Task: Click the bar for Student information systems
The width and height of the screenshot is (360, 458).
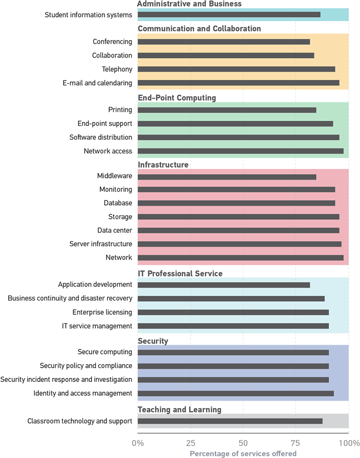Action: click(229, 15)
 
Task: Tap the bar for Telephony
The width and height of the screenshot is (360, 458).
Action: click(236, 69)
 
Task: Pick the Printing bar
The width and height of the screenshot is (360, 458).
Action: click(227, 110)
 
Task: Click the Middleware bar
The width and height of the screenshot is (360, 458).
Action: click(227, 176)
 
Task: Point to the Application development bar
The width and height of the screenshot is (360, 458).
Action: click(223, 285)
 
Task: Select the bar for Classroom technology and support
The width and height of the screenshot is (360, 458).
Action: click(230, 421)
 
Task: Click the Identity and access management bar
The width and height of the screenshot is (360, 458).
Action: click(236, 393)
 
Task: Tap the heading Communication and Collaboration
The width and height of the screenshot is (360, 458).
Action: click(199, 29)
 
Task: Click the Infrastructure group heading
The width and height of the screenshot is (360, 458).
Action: click(163, 165)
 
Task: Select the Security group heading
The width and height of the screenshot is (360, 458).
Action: click(153, 341)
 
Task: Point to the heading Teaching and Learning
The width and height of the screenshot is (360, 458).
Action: click(179, 410)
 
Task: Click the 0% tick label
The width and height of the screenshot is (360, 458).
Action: click(138, 442)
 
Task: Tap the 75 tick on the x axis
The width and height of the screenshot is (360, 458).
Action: click(296, 442)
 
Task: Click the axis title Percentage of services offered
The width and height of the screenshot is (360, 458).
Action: click(243, 453)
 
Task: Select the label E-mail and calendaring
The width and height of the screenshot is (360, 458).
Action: click(100, 83)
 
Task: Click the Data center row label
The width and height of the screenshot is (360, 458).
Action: click(115, 231)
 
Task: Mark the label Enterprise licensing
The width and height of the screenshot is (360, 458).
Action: click(102, 312)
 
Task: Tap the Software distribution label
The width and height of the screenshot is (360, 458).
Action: click(101, 137)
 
